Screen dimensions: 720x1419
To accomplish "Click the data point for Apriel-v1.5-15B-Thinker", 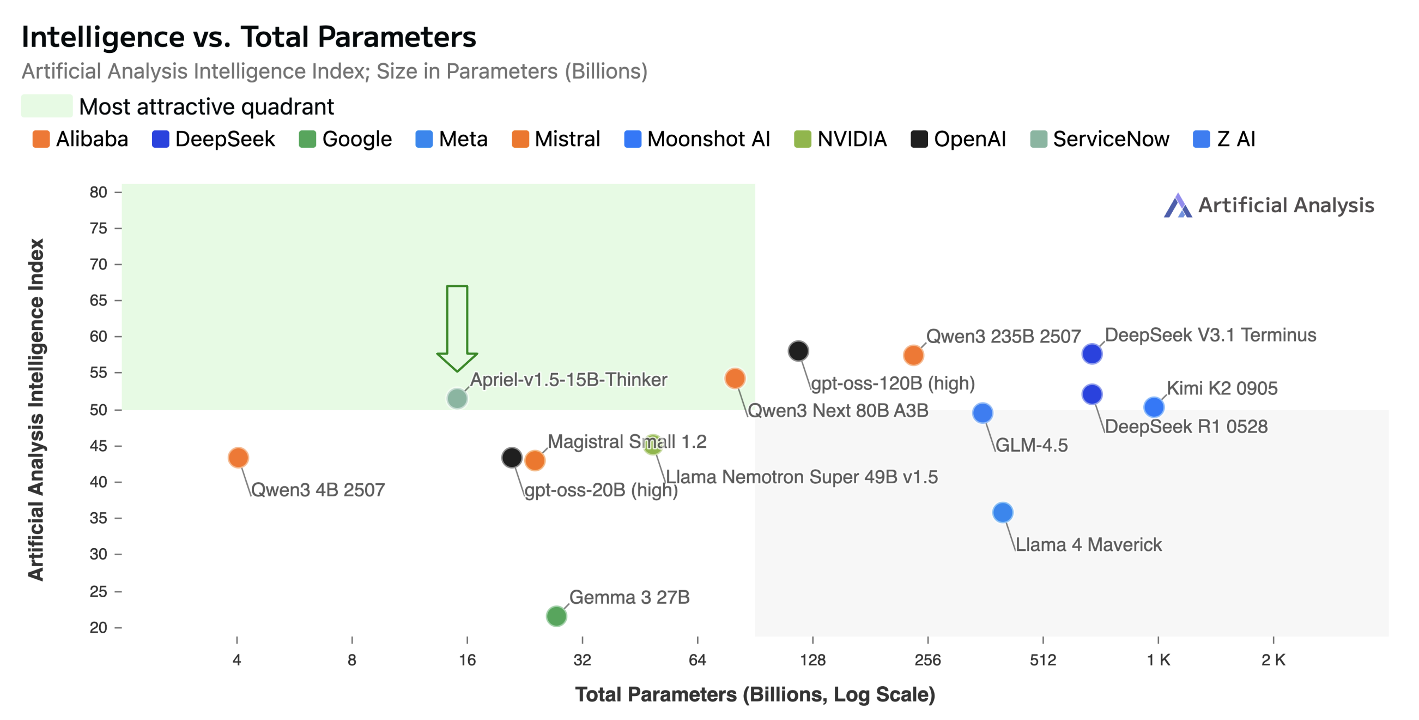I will pos(457,398).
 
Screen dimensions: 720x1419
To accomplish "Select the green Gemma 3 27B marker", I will pos(556,615).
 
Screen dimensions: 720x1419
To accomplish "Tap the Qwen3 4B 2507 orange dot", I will pos(238,457).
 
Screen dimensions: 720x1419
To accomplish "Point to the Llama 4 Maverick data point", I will pos(1003,512).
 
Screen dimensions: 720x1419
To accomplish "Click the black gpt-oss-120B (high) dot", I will pos(798,351).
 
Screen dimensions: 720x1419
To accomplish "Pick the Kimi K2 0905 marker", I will pos(1154,407).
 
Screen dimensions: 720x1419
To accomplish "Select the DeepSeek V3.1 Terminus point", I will pos(1092,353).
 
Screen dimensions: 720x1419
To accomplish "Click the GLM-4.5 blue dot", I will pos(983,412).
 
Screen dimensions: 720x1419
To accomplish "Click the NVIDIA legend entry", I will pos(841,139).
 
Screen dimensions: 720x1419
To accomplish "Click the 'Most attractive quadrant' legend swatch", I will pos(47,106).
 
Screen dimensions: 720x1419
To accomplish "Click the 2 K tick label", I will pos(1273,659).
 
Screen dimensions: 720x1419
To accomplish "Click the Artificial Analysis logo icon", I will pos(1177,206).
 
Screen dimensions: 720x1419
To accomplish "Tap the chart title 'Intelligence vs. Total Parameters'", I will pos(248,37).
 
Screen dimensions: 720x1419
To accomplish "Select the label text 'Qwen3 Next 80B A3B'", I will pos(838,410).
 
